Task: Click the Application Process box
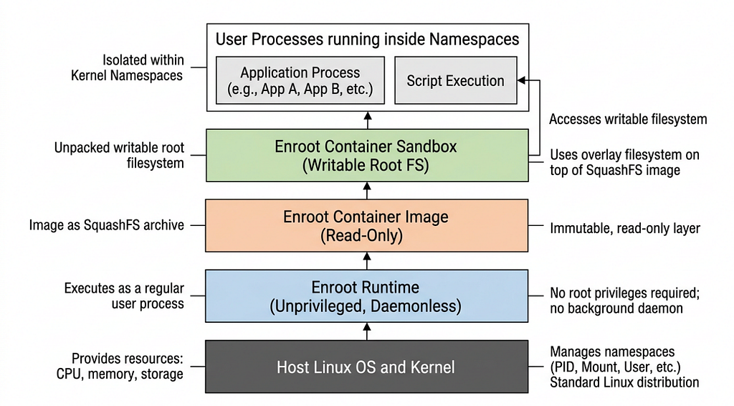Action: click(300, 82)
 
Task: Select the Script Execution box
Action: click(455, 81)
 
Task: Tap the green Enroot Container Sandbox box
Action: click(366, 155)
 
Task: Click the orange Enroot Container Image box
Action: click(366, 225)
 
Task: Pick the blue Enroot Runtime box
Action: click(366, 296)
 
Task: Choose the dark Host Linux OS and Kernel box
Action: click(366, 367)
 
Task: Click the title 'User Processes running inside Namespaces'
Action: click(367, 39)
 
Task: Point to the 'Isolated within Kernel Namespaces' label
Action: click(127, 67)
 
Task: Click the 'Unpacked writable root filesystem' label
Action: click(119, 155)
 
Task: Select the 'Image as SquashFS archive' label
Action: click(106, 225)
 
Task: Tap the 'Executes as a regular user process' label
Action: click(124, 296)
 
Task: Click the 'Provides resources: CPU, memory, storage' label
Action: click(120, 366)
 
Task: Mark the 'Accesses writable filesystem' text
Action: click(628, 119)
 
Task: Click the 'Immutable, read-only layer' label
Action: click(624, 228)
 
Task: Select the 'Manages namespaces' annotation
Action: click(612, 351)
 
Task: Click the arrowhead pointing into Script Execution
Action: click(523, 81)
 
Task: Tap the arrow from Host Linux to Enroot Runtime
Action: click(367, 331)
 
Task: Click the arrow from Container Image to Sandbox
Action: click(367, 189)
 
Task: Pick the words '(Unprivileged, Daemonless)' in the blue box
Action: click(366, 306)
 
